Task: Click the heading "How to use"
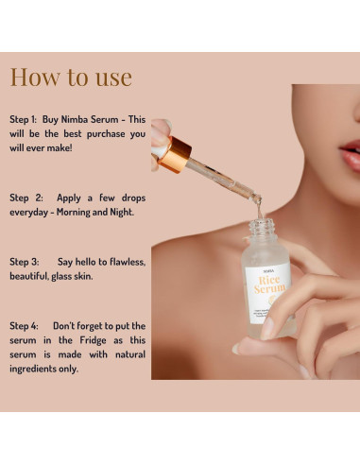coord(71,77)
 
